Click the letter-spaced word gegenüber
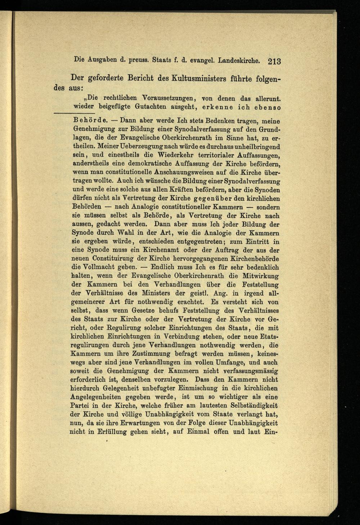[x=214, y=199]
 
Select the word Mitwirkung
[x=257, y=276]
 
